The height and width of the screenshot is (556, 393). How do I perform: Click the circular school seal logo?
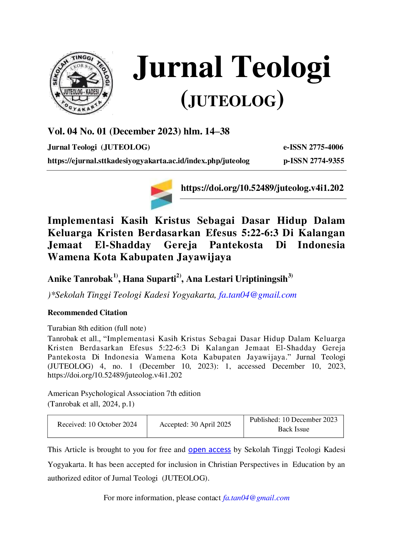81,83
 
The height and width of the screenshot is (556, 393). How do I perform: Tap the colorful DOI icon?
161,194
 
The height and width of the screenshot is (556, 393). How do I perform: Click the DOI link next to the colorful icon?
262,188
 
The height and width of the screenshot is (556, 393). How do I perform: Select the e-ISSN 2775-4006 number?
313,147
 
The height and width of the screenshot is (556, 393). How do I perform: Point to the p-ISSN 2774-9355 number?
314,161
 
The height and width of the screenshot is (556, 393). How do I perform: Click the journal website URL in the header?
149,161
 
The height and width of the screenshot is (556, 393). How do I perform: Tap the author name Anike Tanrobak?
80,279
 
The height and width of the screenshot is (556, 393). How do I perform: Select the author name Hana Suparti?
149,279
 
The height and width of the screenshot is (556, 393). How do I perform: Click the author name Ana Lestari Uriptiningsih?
237,279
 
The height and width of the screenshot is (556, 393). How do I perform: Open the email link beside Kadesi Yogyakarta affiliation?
257,295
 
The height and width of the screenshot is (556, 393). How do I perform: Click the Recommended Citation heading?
87,313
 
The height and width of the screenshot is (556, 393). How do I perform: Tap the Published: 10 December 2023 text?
293,420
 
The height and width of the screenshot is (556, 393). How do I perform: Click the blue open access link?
209,450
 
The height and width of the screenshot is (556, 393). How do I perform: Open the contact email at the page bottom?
256,498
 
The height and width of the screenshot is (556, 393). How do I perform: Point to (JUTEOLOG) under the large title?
232,100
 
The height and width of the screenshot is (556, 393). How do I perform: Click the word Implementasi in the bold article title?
81,221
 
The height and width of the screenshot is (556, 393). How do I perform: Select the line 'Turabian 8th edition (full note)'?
97,328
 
